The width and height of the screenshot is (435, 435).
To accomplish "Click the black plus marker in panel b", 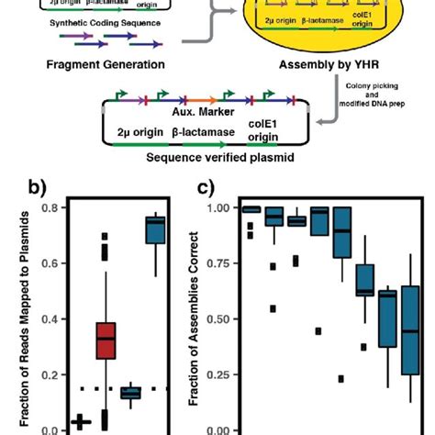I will pyautogui.click(x=81, y=421).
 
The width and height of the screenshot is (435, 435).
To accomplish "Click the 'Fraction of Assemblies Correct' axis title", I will pyautogui.click(x=195, y=317).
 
